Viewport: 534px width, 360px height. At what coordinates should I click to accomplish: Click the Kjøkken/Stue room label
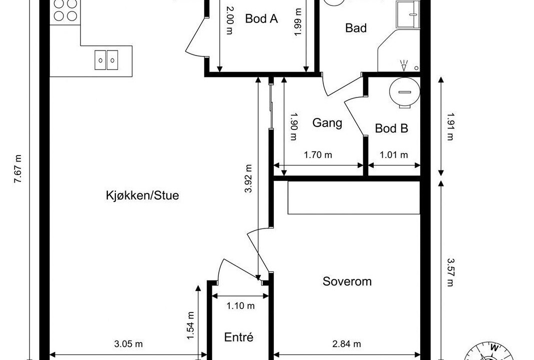pyautogui.click(x=142, y=195)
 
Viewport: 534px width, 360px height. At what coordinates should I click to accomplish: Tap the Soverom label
pyautogui.click(x=347, y=281)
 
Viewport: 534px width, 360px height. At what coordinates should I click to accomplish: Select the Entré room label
pyautogui.click(x=239, y=337)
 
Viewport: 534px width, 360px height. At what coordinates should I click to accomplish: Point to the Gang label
pyautogui.click(x=327, y=122)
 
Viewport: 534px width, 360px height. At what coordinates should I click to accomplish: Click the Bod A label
pyautogui.click(x=262, y=18)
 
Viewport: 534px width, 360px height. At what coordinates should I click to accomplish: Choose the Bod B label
pyautogui.click(x=391, y=128)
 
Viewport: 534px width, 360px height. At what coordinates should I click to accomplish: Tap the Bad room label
pyautogui.click(x=356, y=27)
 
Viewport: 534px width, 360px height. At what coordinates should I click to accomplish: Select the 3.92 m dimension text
pyautogui.click(x=249, y=178)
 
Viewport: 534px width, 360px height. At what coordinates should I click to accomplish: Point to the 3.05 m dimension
pyautogui.click(x=128, y=343)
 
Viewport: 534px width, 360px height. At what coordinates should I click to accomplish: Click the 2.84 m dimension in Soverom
pyautogui.click(x=346, y=343)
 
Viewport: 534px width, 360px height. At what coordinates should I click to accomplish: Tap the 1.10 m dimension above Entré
pyautogui.click(x=240, y=306)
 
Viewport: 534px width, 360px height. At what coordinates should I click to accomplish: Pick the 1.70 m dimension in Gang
pyautogui.click(x=318, y=155)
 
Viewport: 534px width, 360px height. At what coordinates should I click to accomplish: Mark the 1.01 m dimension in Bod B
pyautogui.click(x=394, y=155)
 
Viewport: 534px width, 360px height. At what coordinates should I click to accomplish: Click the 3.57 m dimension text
pyautogui.click(x=450, y=272)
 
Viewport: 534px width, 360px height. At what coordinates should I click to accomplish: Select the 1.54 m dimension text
pyautogui.click(x=190, y=325)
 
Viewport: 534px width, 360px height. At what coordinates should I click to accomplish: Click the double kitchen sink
pyautogui.click(x=106, y=60)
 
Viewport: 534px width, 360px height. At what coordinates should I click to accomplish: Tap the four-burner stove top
pyautogui.click(x=65, y=10)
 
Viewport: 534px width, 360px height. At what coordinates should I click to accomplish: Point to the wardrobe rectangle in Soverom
pyautogui.click(x=354, y=197)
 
